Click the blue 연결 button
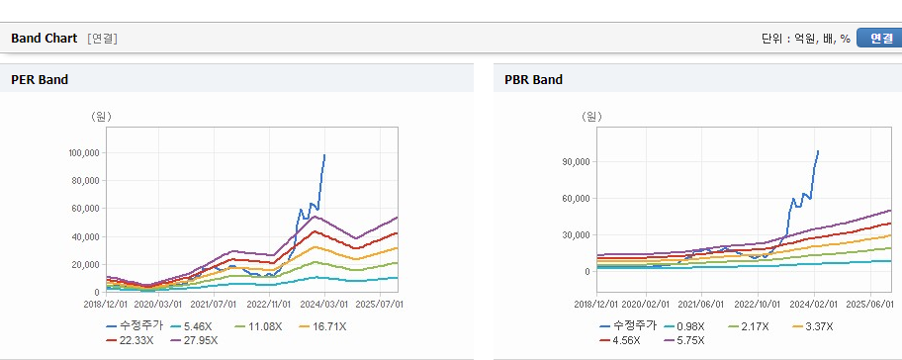click(879, 39)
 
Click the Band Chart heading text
click(44, 39)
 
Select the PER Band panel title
click(40, 80)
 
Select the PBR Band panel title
click(533, 80)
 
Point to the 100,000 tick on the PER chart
click(84, 153)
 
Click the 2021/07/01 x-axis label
click(214, 304)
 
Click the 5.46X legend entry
click(192, 326)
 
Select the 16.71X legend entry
click(322, 326)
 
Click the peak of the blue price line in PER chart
click(324, 154)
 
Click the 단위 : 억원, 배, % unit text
click(806, 39)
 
